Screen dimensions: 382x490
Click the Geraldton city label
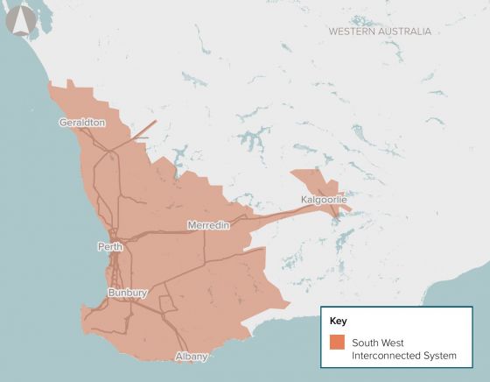[82, 123]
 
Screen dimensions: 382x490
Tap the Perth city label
[110, 247]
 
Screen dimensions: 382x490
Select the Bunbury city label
[128, 292]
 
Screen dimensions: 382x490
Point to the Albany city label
[192, 357]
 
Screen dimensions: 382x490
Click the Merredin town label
[208, 225]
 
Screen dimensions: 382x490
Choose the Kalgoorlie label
[324, 200]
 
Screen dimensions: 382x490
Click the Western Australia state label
[380, 31]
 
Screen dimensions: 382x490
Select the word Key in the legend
[338, 322]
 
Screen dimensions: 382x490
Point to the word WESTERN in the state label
[352, 31]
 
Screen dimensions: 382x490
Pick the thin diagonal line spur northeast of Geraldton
[144, 131]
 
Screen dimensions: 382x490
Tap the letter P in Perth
[101, 247]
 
